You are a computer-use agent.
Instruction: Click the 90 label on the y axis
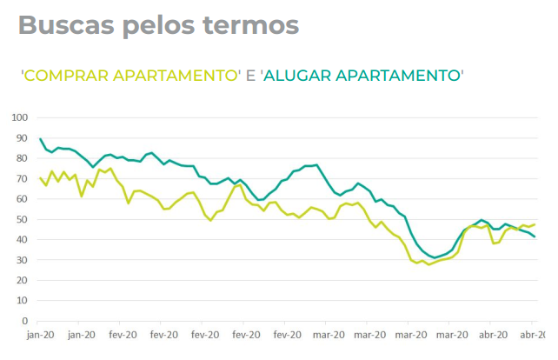[23, 137]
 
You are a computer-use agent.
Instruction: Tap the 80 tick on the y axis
[23, 158]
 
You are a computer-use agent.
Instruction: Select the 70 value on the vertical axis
[23, 178]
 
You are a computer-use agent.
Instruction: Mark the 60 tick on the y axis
[23, 199]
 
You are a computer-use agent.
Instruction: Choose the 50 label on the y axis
[23, 219]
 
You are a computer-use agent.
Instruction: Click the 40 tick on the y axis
[23, 239]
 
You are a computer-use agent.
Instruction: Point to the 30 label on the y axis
[23, 260]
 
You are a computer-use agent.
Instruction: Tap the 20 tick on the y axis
[23, 280]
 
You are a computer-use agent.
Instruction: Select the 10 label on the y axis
[23, 301]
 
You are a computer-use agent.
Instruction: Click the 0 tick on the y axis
[25, 321]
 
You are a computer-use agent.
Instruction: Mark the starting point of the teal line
[41, 139]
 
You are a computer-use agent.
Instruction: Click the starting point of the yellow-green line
[41, 178]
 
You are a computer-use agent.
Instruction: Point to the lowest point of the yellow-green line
[428, 264]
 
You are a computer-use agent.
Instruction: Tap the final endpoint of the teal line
[535, 237]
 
